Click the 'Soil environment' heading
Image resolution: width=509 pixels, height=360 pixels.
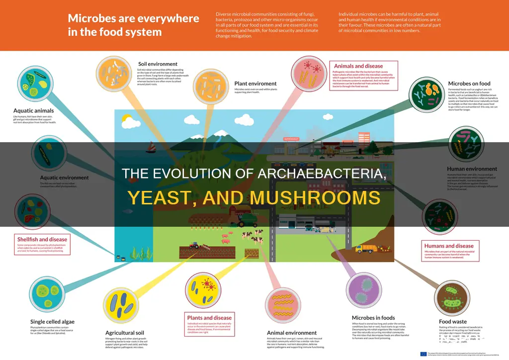[x=158, y=64]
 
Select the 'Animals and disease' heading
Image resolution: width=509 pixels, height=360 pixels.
[x=358, y=66]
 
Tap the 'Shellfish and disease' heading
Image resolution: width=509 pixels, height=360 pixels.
[x=42, y=239]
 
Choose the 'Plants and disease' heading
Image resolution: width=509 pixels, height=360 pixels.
[x=209, y=318]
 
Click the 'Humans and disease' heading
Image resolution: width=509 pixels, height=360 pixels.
[x=449, y=246]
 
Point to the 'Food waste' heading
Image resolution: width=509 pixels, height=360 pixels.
[x=453, y=322]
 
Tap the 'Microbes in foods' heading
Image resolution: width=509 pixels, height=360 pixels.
[x=373, y=318]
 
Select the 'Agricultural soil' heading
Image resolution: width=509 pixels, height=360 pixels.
[x=128, y=333]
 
